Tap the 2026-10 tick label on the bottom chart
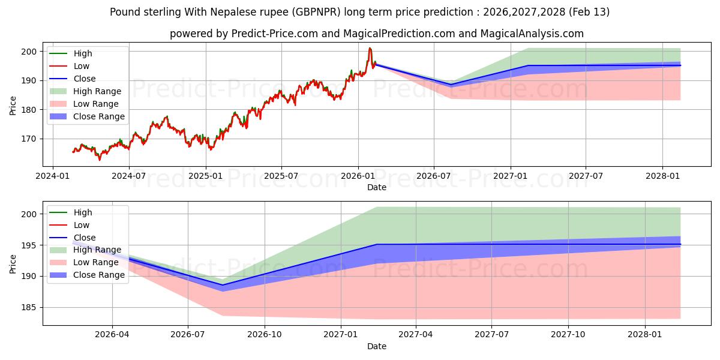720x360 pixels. point(265,335)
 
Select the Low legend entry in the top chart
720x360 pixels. point(82,66)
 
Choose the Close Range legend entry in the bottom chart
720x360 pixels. point(99,275)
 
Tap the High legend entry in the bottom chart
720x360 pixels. point(83,212)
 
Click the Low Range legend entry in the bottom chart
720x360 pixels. point(96,262)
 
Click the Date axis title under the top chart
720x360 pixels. point(376,187)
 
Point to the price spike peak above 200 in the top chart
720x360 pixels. point(370,48)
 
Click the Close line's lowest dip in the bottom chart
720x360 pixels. point(223,285)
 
